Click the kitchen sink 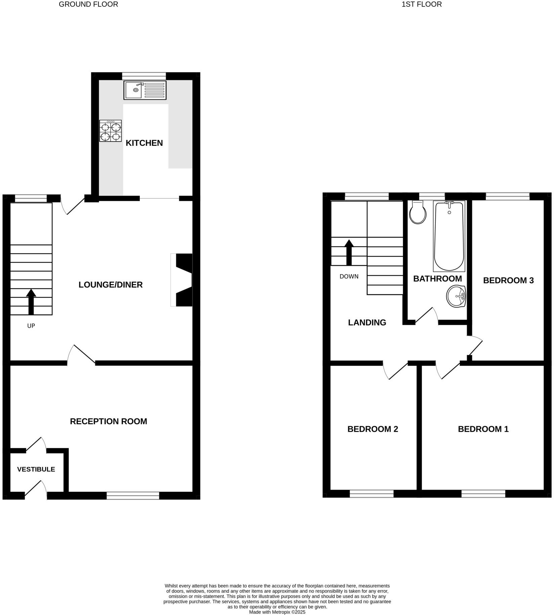(145, 90)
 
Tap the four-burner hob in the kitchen (110, 131)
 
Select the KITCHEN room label (144, 143)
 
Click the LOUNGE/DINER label (111, 285)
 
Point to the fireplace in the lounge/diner (183, 280)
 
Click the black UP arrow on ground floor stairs (31, 301)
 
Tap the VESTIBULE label (36, 469)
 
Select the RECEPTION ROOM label (108, 421)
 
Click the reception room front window (133, 495)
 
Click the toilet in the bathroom (418, 213)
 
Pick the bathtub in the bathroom (449, 235)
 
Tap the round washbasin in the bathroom (456, 296)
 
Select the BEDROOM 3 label (508, 280)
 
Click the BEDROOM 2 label (372, 429)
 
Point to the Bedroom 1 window (483, 493)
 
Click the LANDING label (367, 322)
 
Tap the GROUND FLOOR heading (88, 4)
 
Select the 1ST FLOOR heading (422, 4)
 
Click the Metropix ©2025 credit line (277, 612)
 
